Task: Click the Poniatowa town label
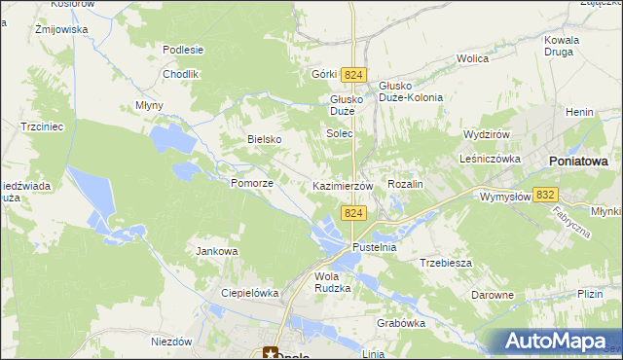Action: (578, 162)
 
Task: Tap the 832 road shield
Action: (546, 196)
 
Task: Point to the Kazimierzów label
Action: (343, 185)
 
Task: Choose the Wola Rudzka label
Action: (332, 281)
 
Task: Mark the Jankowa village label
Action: (217, 251)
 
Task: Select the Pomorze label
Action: (251, 183)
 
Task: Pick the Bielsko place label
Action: (264, 139)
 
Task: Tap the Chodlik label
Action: (181, 74)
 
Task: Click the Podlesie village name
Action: (183, 50)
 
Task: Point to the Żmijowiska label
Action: (61, 29)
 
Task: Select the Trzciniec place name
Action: (42, 126)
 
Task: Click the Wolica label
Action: (472, 58)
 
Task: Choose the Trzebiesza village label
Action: (446, 263)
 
